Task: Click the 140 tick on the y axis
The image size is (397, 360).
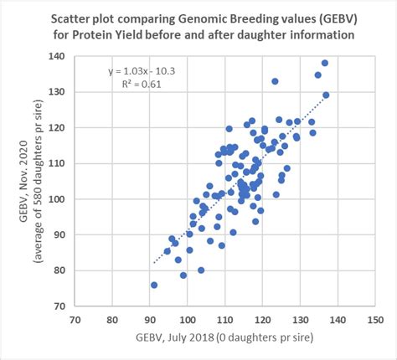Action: pyautogui.click(x=58, y=56)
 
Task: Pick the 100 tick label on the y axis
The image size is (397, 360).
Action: pyautogui.click(x=58, y=199)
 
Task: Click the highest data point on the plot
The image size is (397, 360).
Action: pyautogui.click(x=325, y=63)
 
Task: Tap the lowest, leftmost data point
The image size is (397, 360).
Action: pyautogui.click(x=154, y=285)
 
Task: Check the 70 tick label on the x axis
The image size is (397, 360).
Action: pyautogui.click(x=76, y=319)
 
